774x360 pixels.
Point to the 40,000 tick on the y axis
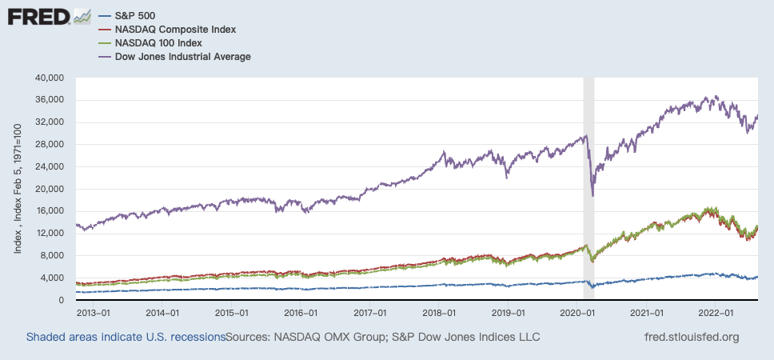click(x=50, y=78)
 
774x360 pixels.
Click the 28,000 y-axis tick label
click(x=50, y=144)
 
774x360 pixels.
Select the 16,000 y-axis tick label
click(x=50, y=211)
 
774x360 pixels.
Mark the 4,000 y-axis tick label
click(x=53, y=278)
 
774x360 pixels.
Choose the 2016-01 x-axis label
click(x=301, y=314)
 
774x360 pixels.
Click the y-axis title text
click(x=18, y=189)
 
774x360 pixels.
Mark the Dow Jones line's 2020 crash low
click(x=592, y=196)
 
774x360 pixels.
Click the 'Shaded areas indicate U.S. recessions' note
click(x=126, y=337)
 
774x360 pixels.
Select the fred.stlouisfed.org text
click(x=692, y=337)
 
